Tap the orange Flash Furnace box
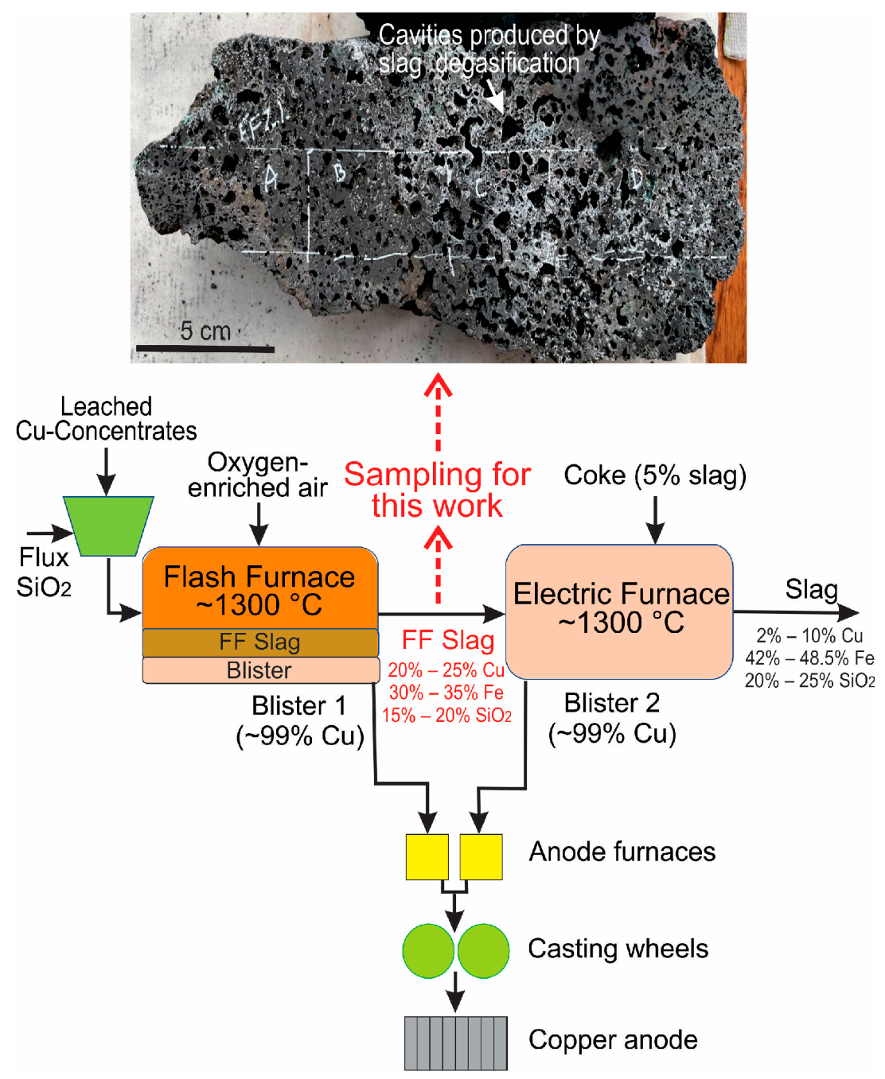click(259, 589)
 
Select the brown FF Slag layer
click(259, 642)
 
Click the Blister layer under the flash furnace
click(259, 670)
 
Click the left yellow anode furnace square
click(427, 856)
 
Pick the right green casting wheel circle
click(483, 950)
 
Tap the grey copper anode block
click(455, 1042)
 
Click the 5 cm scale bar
click(205, 348)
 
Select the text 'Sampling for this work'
click(437, 490)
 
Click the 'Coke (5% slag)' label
click(655, 475)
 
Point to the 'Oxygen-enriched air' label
click(257, 475)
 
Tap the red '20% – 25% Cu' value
click(446, 670)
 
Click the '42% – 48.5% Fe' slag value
click(809, 658)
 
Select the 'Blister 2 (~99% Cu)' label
click(612, 718)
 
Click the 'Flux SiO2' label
click(44, 572)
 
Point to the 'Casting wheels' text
click(618, 949)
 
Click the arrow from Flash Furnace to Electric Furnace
click(442, 613)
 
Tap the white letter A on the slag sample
click(271, 179)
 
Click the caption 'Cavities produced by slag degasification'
click(487, 49)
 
